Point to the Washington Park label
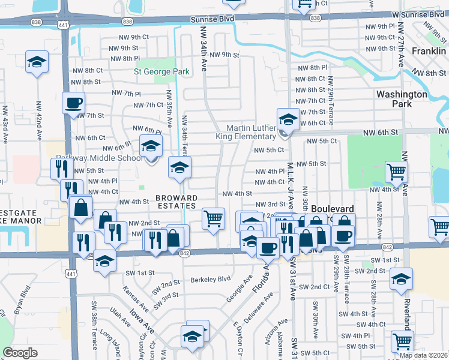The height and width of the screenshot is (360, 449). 402,99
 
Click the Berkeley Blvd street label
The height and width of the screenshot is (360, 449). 211,279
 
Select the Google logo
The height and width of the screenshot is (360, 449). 20,353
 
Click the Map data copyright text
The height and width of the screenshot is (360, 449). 424,355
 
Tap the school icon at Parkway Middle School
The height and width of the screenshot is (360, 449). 151,146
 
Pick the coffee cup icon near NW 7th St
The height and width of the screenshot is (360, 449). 74,103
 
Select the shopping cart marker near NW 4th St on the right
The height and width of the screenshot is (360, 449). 396,172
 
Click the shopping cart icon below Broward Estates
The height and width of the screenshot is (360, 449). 213,218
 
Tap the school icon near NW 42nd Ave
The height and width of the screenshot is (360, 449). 37,62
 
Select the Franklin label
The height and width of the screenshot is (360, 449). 429,52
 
